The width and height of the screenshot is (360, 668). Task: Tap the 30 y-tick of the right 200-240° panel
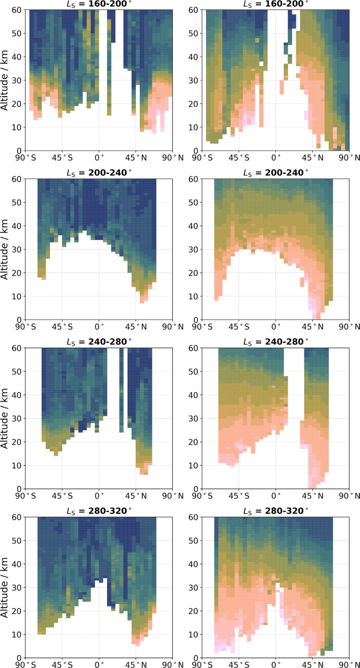[x=193, y=249]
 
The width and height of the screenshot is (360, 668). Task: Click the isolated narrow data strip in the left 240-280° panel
[x=121, y=389]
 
